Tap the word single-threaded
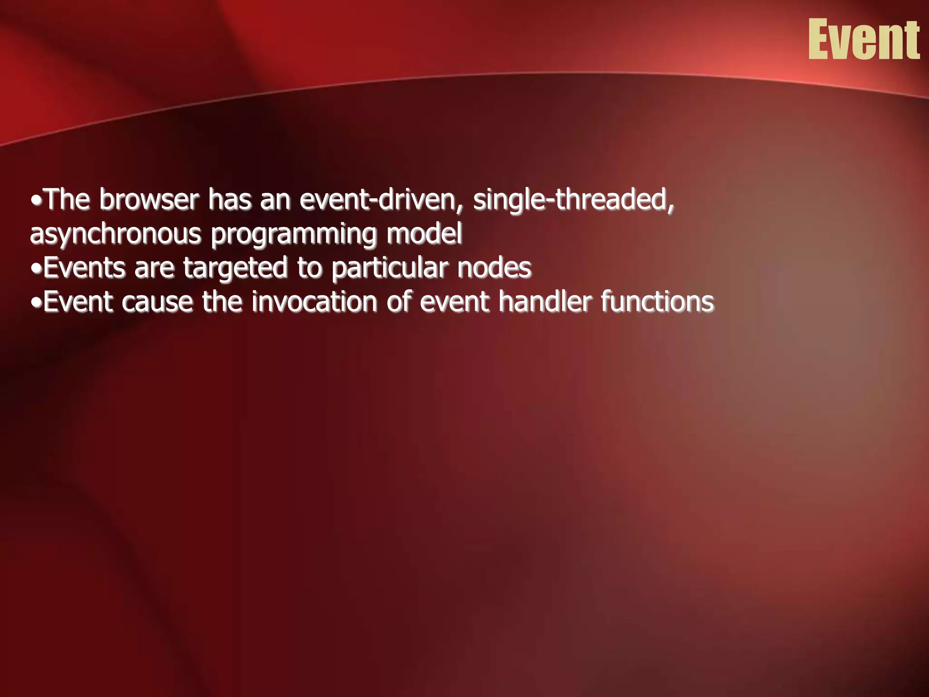coord(573,200)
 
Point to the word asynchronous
coord(115,234)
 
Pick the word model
coord(424,233)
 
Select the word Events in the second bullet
coord(84,268)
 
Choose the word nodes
coord(494,268)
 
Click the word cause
coord(156,302)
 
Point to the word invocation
coord(314,302)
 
